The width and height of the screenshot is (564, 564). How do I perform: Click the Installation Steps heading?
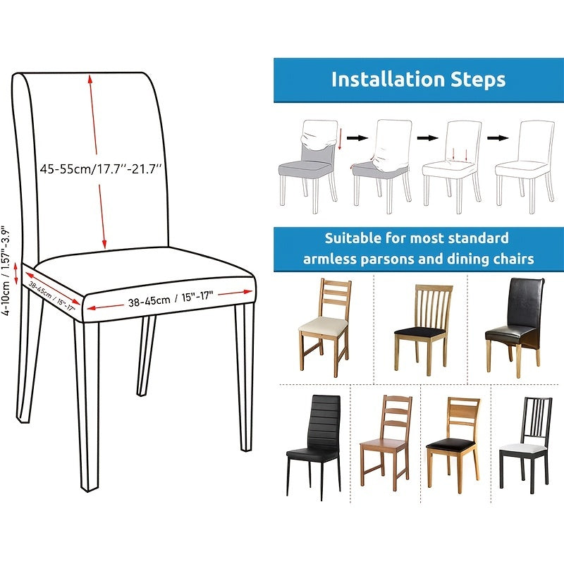coord(418,79)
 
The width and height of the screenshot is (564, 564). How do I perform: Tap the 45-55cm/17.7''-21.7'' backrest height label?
coord(102,169)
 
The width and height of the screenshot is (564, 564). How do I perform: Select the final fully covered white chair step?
coord(525,164)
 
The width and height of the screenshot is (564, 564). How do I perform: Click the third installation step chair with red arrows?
coord(451,164)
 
